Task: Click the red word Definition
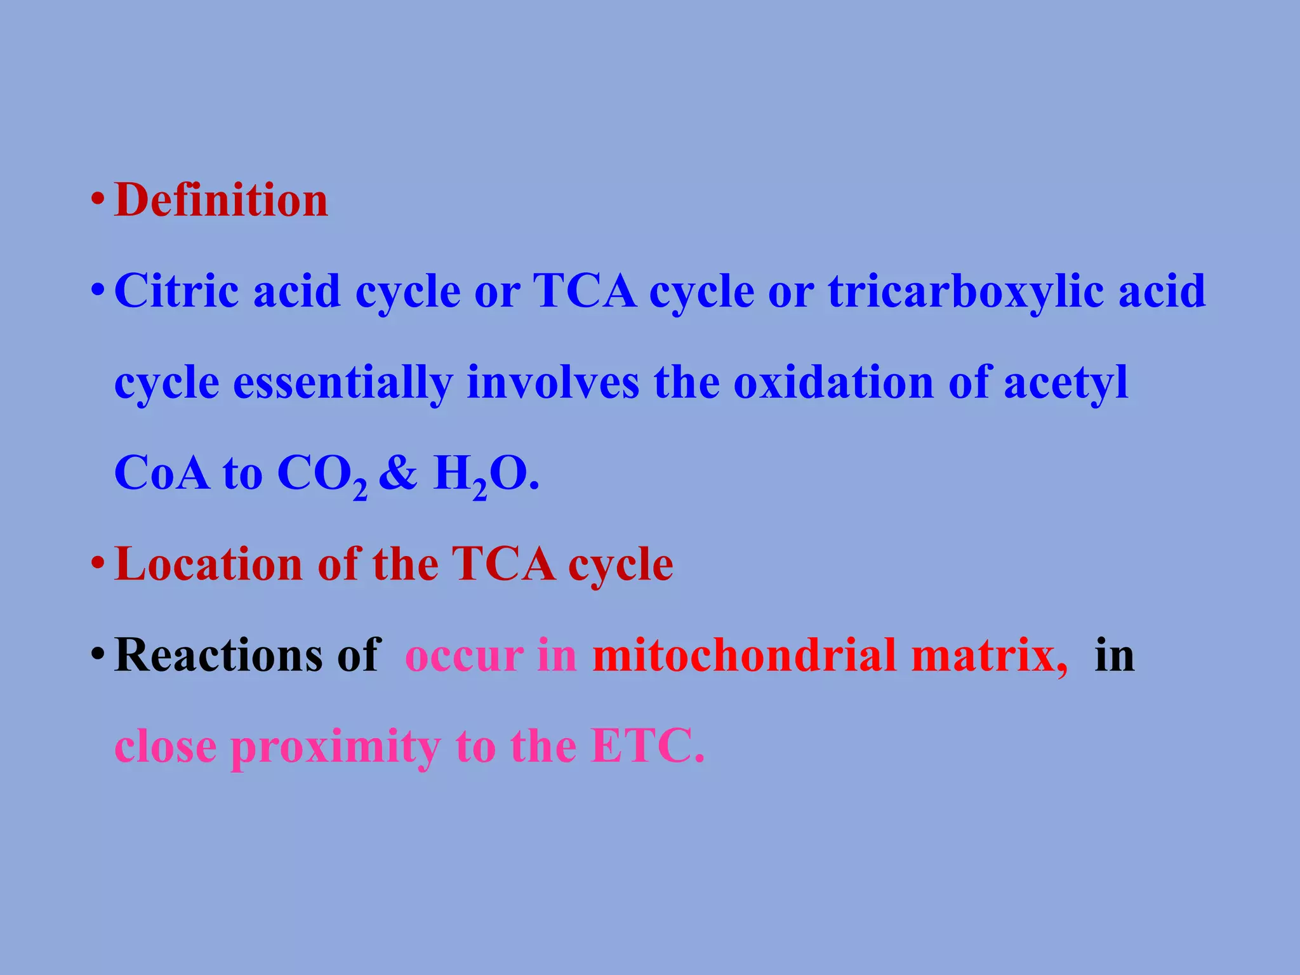(x=221, y=201)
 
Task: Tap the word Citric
(x=177, y=291)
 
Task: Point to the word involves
(x=553, y=383)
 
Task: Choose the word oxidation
(x=833, y=383)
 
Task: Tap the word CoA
(x=162, y=474)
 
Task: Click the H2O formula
(x=485, y=476)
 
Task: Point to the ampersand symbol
(x=399, y=474)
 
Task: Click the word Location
(x=209, y=564)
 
